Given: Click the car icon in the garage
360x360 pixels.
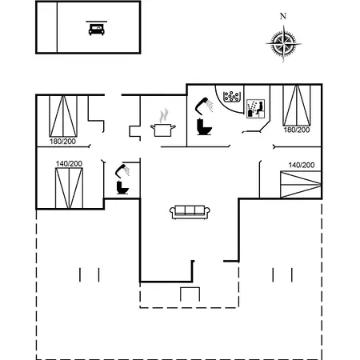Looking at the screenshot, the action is click(x=97, y=29).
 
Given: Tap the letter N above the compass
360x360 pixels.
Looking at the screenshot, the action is click(x=283, y=17).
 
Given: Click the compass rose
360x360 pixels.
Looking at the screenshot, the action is click(x=284, y=43).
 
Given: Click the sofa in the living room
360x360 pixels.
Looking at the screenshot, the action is click(x=190, y=212).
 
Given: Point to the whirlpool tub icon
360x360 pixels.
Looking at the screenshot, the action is click(x=232, y=97).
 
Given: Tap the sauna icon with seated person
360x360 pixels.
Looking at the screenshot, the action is click(x=255, y=109).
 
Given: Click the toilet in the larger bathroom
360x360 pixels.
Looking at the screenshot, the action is click(x=204, y=127).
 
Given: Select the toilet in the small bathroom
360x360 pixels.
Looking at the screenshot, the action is click(x=122, y=187).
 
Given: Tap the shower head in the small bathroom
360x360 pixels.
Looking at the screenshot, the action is click(x=122, y=170).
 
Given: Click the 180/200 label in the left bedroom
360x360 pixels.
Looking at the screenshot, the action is click(x=62, y=142).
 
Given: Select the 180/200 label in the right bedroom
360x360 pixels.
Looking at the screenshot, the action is click(x=297, y=130).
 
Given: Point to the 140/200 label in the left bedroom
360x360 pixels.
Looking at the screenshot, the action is click(x=69, y=163).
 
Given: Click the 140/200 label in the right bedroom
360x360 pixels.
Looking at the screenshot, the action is click(x=302, y=165).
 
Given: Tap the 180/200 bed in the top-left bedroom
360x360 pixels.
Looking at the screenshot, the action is click(x=63, y=116).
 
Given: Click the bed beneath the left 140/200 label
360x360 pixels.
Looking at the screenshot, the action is click(x=69, y=188).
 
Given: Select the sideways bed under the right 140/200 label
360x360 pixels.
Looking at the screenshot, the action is click(x=301, y=185).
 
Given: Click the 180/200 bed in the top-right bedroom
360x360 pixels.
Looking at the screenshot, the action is click(x=297, y=106).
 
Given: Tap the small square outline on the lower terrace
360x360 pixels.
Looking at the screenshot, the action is click(x=190, y=294).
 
